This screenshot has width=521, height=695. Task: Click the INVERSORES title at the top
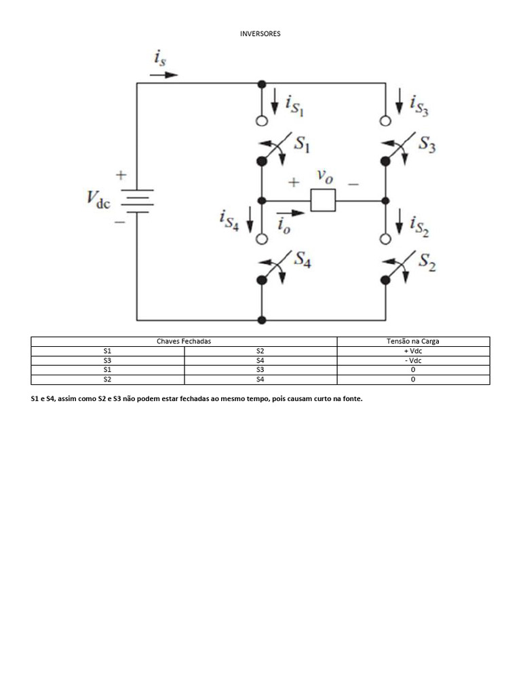tap(260, 34)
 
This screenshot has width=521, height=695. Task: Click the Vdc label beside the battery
tap(98, 199)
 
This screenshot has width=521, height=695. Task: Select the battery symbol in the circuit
tap(137, 201)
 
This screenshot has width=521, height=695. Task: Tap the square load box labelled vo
tap(323, 200)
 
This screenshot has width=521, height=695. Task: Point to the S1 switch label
tap(302, 144)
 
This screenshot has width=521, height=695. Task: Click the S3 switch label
tap(427, 144)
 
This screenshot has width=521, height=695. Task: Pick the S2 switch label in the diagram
tap(427, 261)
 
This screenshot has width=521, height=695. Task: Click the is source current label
tap(160, 58)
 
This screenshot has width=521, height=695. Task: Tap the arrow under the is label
tap(164, 75)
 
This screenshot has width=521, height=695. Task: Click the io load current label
tap(284, 225)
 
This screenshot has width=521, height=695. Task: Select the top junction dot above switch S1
tap(262, 83)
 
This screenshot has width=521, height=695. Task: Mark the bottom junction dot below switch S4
tap(262, 320)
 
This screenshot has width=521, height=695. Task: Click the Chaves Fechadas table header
tap(184, 341)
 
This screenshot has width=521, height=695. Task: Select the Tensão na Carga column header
tap(413, 341)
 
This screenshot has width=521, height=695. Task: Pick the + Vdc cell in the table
tap(413, 351)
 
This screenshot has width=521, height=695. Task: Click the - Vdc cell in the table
tap(413, 361)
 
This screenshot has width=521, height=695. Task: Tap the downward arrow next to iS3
tap(399, 101)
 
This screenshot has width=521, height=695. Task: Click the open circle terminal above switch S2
tap(385, 240)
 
